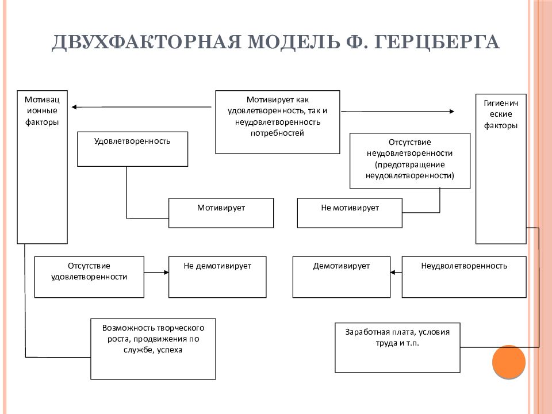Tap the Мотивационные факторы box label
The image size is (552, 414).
[42, 110]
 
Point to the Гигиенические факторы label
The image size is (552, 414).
[501, 114]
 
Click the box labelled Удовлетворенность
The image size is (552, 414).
[132, 149]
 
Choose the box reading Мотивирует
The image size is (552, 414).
[221, 213]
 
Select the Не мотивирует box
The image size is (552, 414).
[350, 213]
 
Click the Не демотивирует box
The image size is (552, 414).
[217, 277]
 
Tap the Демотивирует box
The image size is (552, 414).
[342, 277]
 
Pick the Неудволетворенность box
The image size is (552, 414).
[464, 277]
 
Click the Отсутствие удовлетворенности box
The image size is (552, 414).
[89, 277]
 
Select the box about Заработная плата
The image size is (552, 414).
[397, 347]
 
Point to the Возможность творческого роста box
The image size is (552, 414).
[153, 349]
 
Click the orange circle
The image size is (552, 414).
[509, 362]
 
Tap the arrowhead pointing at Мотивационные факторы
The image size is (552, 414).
[74, 107]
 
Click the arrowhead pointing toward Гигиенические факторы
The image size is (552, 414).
[452, 111]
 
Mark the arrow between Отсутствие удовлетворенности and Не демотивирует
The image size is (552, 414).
[156, 272]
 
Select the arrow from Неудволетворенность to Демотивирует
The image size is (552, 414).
[396, 272]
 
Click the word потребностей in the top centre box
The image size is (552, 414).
[277, 133]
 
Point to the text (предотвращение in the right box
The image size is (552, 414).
[410, 165]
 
